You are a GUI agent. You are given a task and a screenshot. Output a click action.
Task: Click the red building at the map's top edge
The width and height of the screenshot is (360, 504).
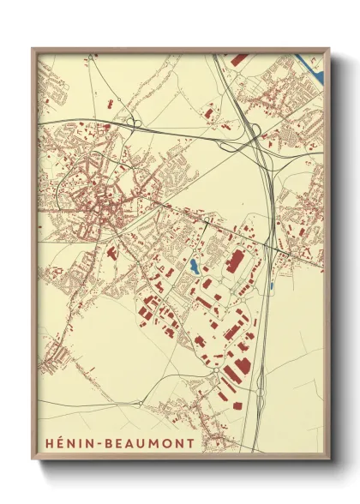pyautogui.click(x=239, y=59)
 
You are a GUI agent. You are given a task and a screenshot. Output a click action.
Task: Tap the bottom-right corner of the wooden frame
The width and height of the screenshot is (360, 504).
pyautogui.click(x=328, y=462)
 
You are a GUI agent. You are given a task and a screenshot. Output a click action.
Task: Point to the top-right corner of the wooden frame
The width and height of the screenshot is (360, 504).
pyautogui.click(x=328, y=49)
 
